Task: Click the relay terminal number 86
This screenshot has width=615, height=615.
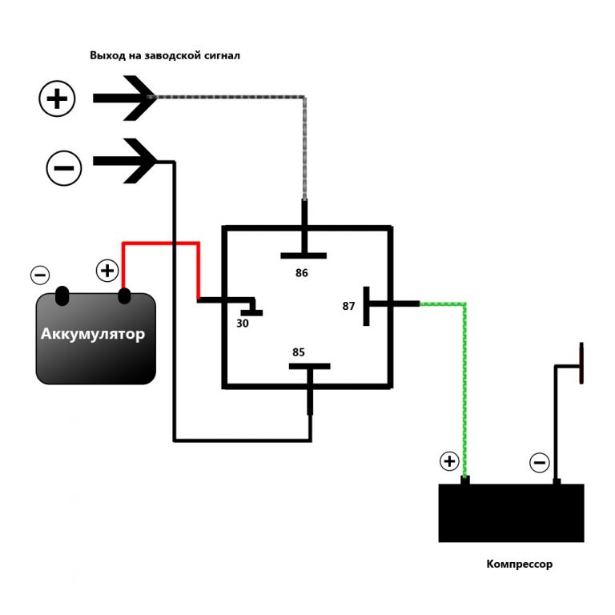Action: (302, 273)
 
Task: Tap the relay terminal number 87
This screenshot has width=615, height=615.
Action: (348, 306)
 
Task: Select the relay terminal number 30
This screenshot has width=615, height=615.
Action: (243, 324)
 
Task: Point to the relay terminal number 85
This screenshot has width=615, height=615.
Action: (299, 352)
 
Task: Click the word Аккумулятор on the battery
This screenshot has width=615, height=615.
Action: (93, 334)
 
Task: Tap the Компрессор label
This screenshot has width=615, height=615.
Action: (520, 564)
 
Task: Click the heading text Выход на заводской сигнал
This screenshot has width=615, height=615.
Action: (165, 56)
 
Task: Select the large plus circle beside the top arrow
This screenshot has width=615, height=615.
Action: (58, 98)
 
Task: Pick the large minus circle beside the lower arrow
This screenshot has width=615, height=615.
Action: (65, 167)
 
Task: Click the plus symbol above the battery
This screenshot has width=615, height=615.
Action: (107, 270)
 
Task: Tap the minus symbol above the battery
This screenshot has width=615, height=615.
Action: (40, 275)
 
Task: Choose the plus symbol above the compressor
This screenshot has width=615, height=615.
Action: (449, 461)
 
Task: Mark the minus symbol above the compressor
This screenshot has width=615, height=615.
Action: (540, 462)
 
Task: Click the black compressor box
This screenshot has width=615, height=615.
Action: (511, 513)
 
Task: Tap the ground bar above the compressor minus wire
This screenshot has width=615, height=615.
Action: (581, 363)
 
